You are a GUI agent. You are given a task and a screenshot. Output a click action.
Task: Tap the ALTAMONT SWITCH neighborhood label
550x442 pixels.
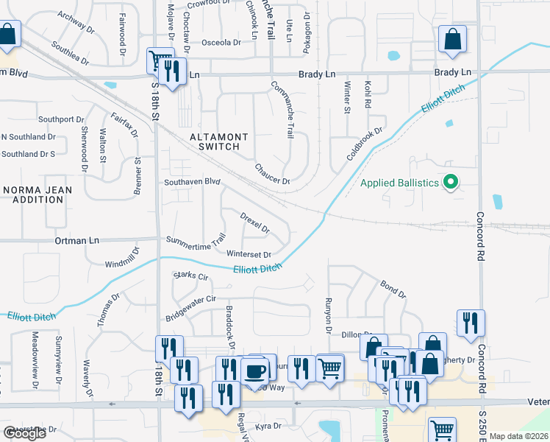[214, 141]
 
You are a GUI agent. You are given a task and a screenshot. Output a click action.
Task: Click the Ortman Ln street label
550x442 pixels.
[76, 240]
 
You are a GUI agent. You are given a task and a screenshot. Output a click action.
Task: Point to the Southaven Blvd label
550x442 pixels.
[192, 181]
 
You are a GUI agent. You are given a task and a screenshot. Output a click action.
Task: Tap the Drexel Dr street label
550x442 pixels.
[255, 221]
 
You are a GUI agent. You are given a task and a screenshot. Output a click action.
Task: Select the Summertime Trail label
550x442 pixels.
[195, 242]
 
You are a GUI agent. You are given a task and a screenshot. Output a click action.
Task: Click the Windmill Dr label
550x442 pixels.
[121, 259]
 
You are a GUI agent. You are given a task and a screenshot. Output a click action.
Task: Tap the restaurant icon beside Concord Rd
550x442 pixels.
[470, 323]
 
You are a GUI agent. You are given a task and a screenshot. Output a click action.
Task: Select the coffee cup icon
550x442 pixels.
[254, 370]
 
